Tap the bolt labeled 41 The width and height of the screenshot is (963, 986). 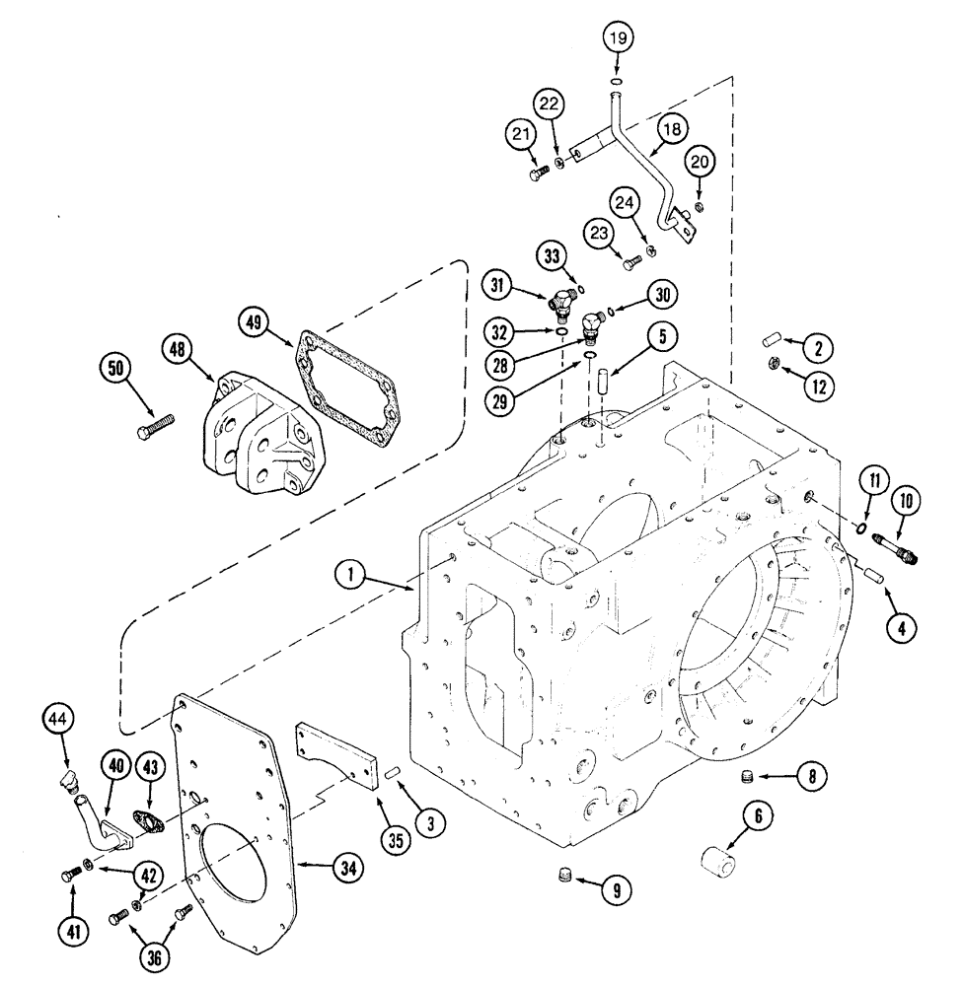tap(71, 873)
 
